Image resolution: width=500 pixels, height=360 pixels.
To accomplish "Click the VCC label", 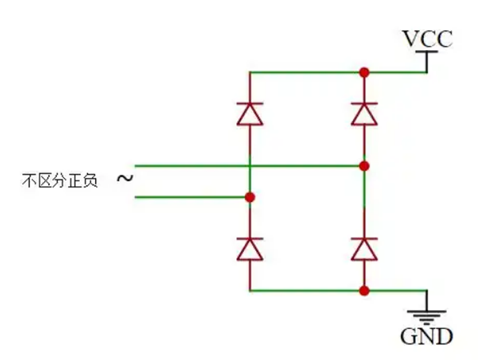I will click(x=427, y=40).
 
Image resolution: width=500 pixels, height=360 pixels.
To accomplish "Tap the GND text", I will click(x=427, y=335).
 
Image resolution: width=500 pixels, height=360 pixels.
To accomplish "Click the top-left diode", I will click(x=249, y=114).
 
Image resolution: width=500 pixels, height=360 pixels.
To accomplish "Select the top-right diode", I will click(x=364, y=114).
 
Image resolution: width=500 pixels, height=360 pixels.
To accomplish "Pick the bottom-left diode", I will click(x=249, y=247).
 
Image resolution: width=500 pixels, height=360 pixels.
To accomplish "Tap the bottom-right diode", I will click(x=364, y=247).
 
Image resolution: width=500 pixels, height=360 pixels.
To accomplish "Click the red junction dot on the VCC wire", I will click(x=364, y=72).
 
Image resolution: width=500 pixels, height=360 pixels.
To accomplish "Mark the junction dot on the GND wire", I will click(x=364, y=290).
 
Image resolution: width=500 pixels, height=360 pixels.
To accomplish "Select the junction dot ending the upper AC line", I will click(x=364, y=165).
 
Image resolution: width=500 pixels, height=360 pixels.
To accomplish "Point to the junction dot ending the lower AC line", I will click(x=249, y=196).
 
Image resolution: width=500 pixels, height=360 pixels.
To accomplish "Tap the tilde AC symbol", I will click(x=124, y=179).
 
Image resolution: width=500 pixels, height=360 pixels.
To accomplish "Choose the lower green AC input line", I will click(x=190, y=196).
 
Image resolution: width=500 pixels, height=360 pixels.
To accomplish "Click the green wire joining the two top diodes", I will click(x=305, y=72).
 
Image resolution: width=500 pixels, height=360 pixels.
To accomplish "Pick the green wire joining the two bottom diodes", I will click(x=305, y=290).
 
